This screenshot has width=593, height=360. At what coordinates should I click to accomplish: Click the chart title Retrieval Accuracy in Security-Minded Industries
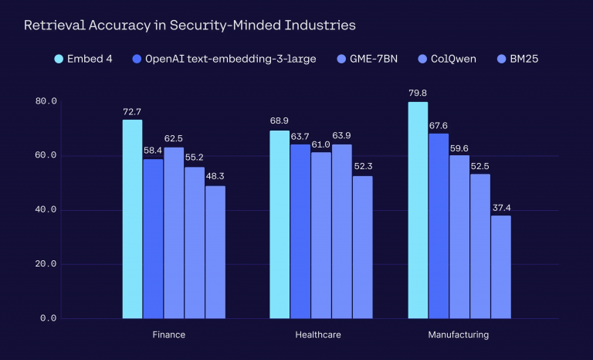coord(189,25)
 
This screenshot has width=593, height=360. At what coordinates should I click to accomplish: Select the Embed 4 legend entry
coord(84,59)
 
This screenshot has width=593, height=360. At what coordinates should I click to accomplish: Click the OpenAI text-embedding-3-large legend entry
coord(223,59)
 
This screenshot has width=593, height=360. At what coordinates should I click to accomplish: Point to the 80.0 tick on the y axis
coord(46,102)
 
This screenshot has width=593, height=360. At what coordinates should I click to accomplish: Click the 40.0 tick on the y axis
coord(46,210)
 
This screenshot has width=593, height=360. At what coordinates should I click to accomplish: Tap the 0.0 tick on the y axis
coord(49,318)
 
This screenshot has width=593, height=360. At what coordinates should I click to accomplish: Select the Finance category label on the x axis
coord(169,335)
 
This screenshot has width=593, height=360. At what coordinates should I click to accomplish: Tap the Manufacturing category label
coord(458,335)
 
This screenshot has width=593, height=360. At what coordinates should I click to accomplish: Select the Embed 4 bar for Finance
coord(132,219)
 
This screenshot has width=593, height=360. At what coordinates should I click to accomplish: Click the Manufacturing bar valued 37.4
coord(501,267)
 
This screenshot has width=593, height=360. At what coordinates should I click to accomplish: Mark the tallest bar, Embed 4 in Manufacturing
coord(418,210)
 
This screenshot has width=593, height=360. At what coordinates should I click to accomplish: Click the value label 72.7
coord(132,112)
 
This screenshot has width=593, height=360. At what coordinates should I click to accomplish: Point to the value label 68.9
coord(280,122)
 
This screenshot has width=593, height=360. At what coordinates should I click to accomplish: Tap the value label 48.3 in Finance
coord(215,177)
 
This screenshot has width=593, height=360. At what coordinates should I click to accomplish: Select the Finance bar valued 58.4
coord(153,238)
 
